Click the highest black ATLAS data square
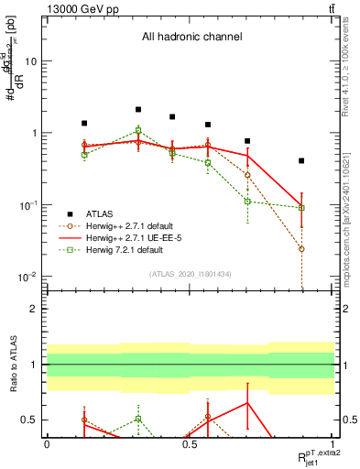pyautogui.click(x=138, y=110)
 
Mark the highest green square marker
pyautogui.click(x=138, y=130)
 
